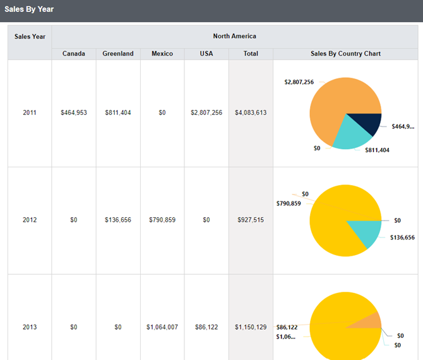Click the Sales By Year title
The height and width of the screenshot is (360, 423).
coord(29,9)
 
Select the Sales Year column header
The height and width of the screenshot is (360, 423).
coord(30,37)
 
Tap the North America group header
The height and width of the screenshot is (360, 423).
coord(234,37)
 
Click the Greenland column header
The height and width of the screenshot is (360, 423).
coord(118,54)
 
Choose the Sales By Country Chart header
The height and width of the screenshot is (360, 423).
coord(345,54)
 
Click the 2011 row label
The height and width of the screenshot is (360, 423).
coord(30,112)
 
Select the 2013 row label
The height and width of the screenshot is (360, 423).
coord(30,327)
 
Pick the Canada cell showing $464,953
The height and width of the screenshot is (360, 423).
coord(74,112)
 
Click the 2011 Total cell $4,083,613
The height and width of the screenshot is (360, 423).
coord(251,112)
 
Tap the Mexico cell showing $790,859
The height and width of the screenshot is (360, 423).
coord(162,220)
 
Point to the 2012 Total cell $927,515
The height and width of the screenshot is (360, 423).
coord(251,220)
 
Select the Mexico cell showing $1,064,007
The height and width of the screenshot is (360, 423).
coord(162,327)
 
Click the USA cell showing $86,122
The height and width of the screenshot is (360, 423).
coord(206,327)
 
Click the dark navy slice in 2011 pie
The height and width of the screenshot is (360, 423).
coord(372,124)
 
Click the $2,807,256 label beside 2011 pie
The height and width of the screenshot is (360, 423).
coord(299,82)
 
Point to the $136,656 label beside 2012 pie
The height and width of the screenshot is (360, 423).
coord(402,237)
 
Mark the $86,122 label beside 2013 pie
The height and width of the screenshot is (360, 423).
coord(287,327)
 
